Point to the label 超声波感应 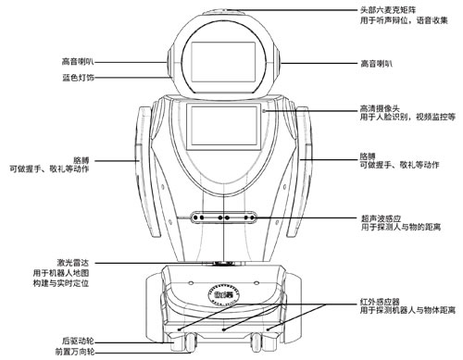pyautogui.click(x=379, y=220)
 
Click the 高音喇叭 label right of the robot pyautogui.click(x=377, y=64)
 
